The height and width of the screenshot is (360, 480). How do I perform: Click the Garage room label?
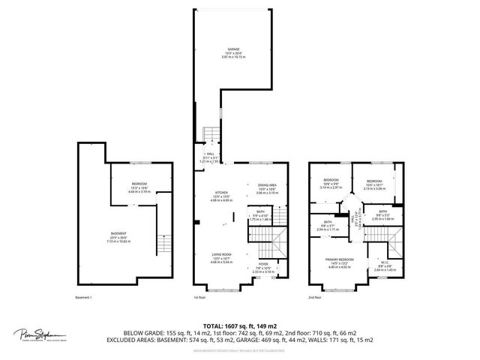[x=234, y=51]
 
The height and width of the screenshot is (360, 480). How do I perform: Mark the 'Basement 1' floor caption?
[x=84, y=298]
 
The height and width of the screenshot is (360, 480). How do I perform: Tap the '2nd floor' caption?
[x=316, y=298]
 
